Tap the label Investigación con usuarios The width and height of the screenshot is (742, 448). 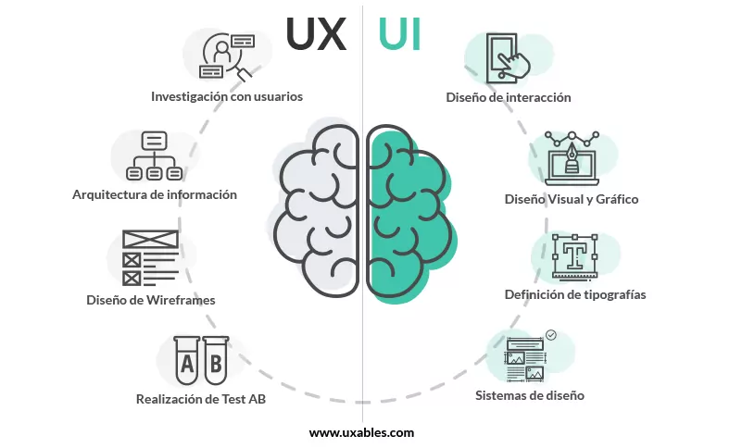click(x=227, y=95)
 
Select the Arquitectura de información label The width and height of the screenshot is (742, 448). click(x=155, y=194)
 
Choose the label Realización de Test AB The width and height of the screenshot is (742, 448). click(x=194, y=400)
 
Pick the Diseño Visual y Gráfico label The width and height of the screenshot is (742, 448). click(x=572, y=199)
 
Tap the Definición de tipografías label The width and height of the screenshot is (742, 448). click(x=575, y=294)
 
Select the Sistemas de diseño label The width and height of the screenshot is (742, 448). click(x=530, y=395)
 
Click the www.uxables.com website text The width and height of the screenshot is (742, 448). click(x=361, y=431)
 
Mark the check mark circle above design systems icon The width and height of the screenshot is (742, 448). click(x=551, y=335)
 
